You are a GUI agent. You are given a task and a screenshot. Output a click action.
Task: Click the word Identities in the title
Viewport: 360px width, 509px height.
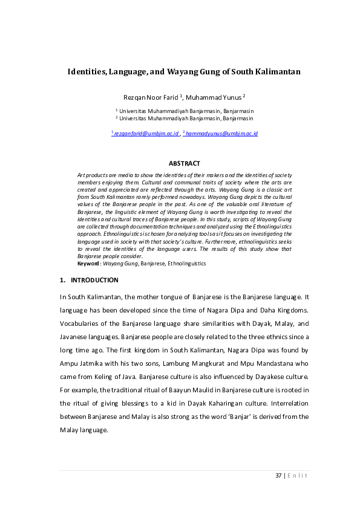[x=87, y=71]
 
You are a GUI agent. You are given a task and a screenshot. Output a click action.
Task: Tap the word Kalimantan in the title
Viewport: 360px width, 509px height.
[x=277, y=71]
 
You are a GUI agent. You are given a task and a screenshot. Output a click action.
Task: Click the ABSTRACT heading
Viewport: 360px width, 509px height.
[x=184, y=164]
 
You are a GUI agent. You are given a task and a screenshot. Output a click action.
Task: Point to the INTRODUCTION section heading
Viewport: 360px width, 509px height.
[x=94, y=280]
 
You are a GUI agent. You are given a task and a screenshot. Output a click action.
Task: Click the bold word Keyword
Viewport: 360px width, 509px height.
[x=89, y=264]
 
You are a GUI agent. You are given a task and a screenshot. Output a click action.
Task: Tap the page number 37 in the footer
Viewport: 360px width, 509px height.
[x=278, y=476]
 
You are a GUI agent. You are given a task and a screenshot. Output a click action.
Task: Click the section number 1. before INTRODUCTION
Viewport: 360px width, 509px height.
[x=62, y=280]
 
